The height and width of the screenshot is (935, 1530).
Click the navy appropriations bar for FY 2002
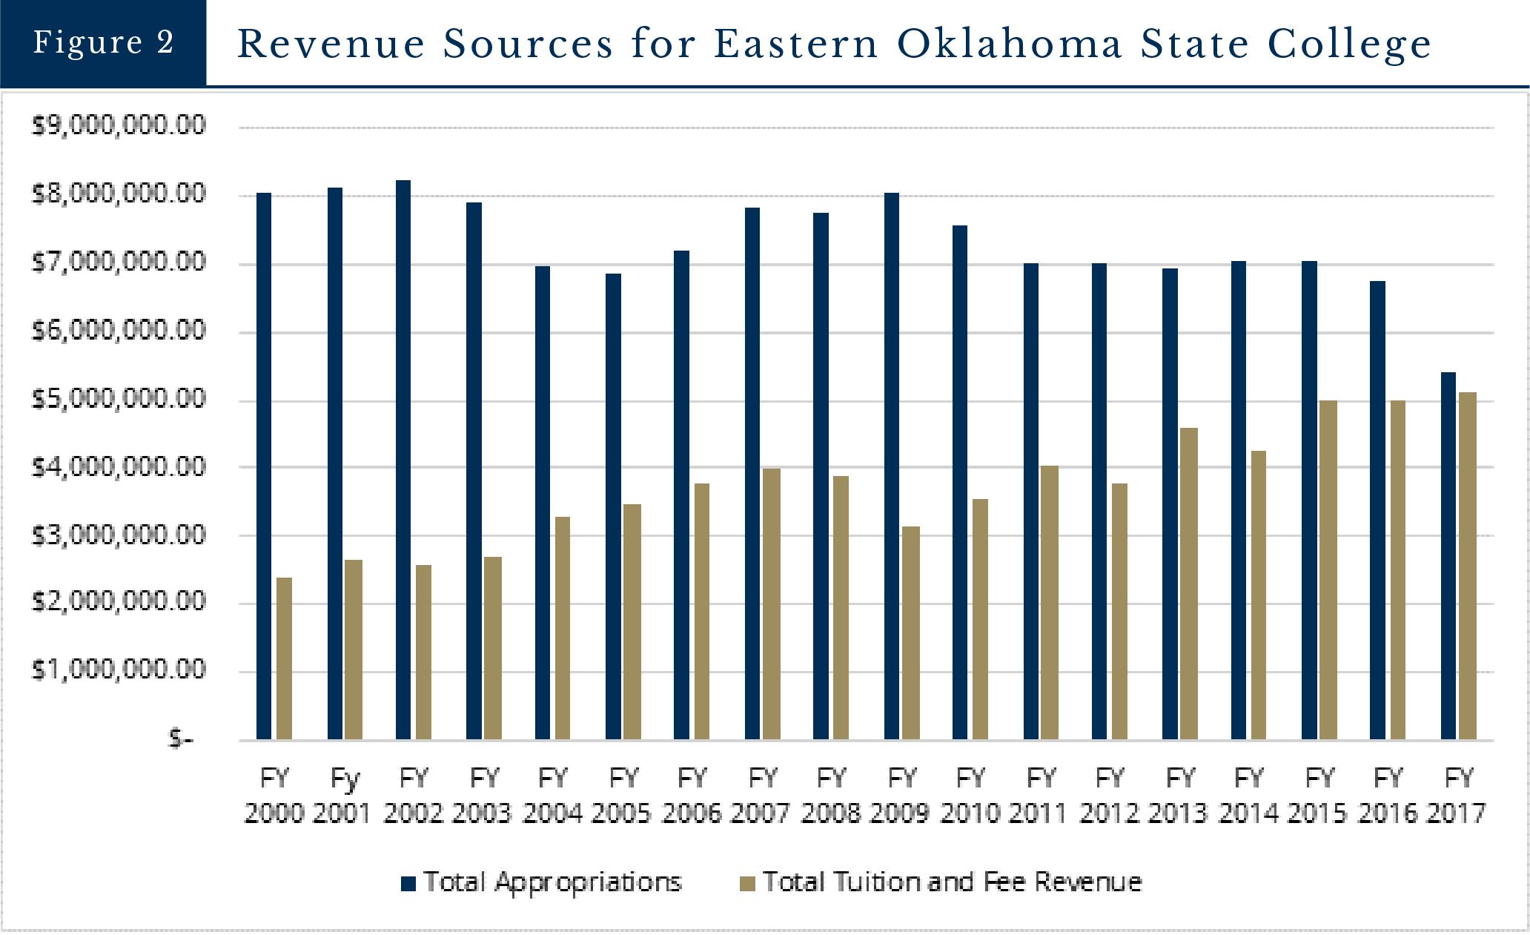[403, 460]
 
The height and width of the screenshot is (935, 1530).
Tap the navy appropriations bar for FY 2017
[1448, 556]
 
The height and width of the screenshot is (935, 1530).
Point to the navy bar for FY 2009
[892, 466]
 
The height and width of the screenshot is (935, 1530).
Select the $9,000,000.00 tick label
[119, 126]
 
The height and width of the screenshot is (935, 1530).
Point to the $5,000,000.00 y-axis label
[119, 400]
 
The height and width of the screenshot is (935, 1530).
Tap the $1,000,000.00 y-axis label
[119, 670]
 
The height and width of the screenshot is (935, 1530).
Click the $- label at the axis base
[181, 739]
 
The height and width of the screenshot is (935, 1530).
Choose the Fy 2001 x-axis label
[343, 796]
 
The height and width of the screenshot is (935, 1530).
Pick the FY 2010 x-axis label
[970, 796]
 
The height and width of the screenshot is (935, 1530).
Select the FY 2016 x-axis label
[1388, 796]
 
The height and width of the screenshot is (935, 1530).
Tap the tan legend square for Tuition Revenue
[749, 883]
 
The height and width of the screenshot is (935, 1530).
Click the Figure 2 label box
[103, 42]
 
